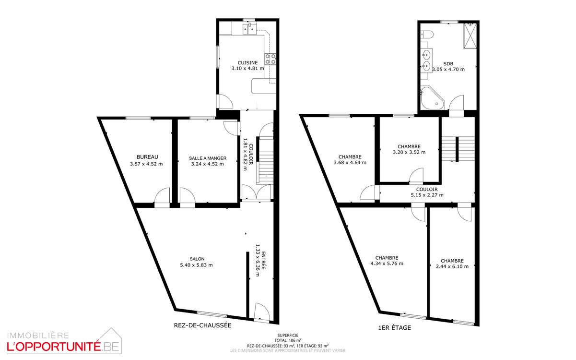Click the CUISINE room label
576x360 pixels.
coord(247,62)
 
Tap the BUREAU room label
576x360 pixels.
coord(147,157)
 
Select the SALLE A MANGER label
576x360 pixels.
coord(208,158)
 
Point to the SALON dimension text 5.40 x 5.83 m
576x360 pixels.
coord(197,265)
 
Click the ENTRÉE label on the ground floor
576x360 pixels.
coord(264,261)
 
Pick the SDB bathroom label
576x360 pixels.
coord(448,63)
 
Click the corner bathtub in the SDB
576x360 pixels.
coord(432,98)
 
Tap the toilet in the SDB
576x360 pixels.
coord(427,34)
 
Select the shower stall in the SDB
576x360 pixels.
coord(470,36)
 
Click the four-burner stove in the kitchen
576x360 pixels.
coord(270,59)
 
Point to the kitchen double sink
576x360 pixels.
coord(249,28)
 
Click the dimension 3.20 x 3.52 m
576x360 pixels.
coord(409,152)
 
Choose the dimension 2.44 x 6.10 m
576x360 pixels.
coord(452,266)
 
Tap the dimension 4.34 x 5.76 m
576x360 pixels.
coord(387,264)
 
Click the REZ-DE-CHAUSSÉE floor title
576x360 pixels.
coord(202,325)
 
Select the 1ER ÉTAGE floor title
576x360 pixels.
coord(395,327)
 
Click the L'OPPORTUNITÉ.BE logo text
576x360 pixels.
coord(63,347)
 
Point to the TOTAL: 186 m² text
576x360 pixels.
coord(288,340)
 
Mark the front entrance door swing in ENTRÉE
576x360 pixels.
coord(262,312)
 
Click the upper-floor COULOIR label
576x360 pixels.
coord(427,190)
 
